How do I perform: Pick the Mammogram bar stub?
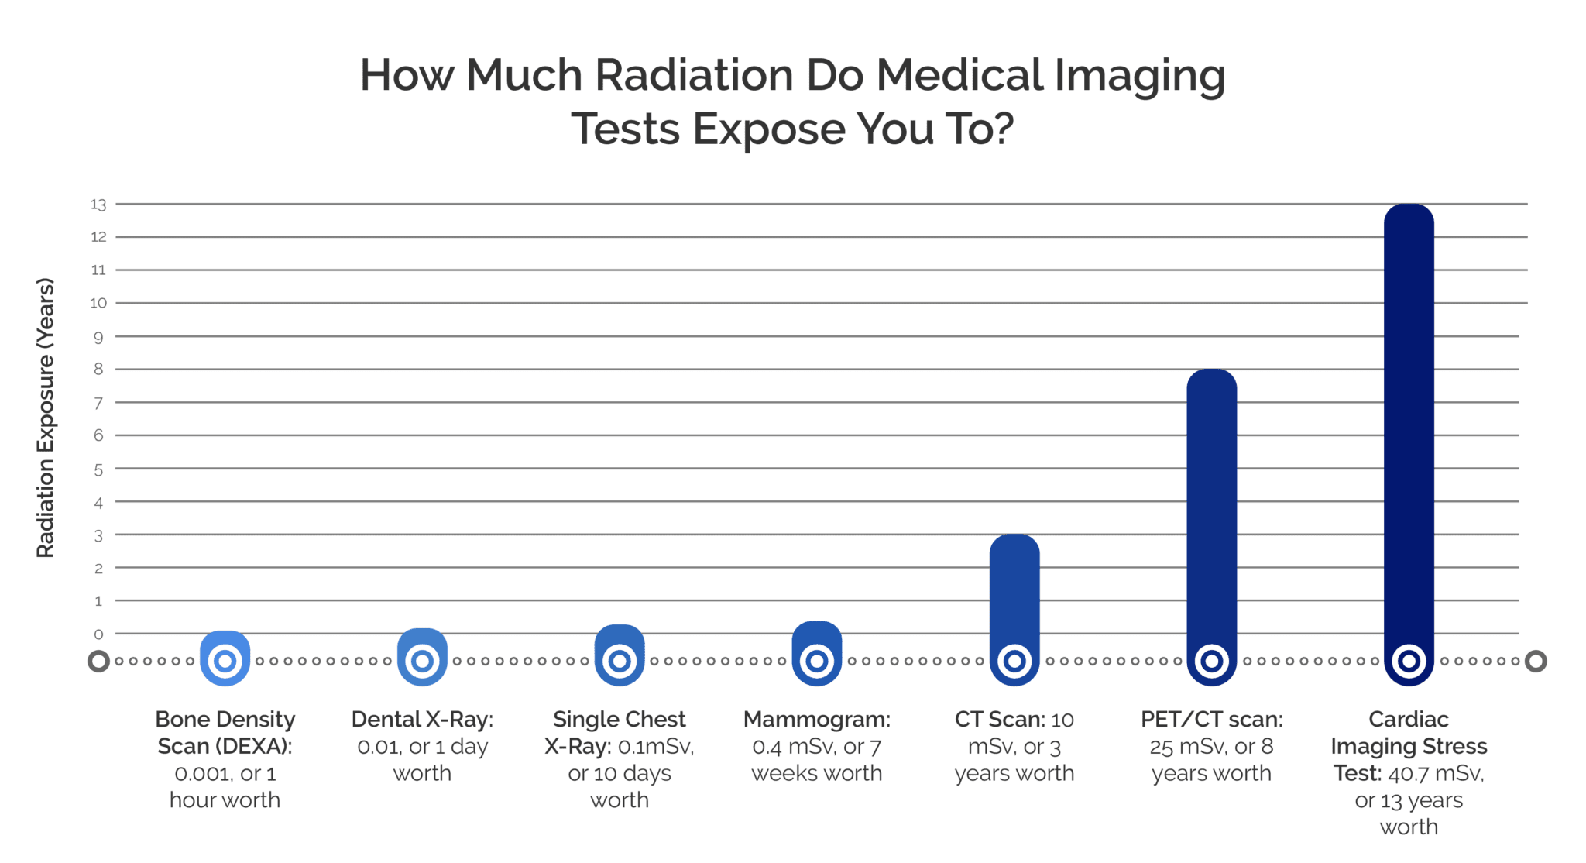point(817,639)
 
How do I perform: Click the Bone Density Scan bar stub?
point(225,643)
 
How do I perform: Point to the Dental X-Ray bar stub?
point(422,641)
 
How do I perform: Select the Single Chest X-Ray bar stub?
point(620,640)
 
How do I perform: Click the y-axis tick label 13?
point(98,205)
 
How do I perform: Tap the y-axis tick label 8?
point(98,370)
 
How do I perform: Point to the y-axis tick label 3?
point(98,535)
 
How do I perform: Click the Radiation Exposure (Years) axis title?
point(46,418)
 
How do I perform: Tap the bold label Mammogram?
point(816,720)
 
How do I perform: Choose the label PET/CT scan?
point(1211,720)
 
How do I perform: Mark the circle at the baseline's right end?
point(1536,662)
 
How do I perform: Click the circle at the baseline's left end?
point(98,662)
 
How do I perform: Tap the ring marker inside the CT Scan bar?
point(1014,662)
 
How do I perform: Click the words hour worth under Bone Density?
point(225,800)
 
